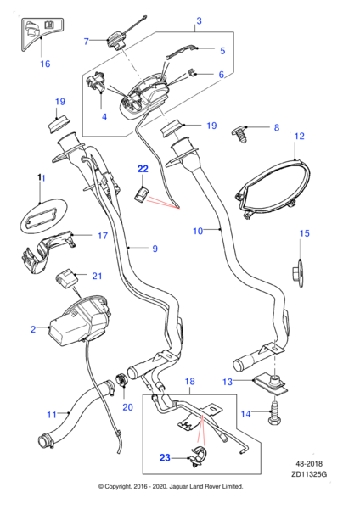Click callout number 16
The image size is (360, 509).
coord(45,64)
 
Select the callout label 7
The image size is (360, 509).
coord(86,41)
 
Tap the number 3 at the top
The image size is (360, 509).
coord(198,20)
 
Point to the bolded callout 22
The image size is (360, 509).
coord(143,168)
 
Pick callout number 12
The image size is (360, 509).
coord(299,136)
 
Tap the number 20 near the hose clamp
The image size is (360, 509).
coord(128,406)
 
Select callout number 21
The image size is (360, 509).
coord(96,276)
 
